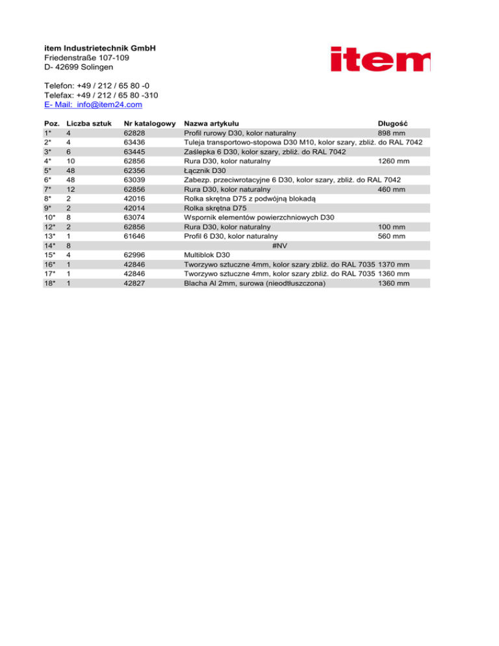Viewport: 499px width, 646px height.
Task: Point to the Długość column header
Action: [392, 123]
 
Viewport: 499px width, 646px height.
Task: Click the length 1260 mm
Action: [394, 161]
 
